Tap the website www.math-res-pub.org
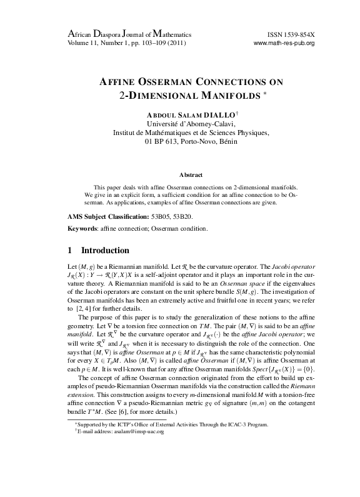click(283, 43)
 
